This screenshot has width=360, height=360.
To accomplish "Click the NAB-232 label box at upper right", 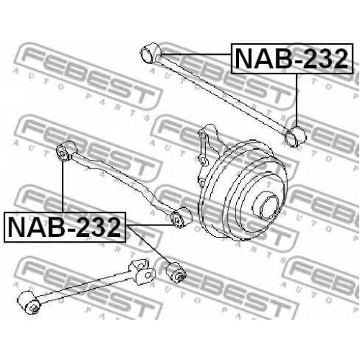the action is [292, 58].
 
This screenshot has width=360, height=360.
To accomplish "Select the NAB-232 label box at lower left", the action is [65, 227].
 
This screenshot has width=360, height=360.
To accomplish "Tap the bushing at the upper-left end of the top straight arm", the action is [150, 53].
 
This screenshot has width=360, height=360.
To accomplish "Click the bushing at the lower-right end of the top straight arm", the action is [294, 137].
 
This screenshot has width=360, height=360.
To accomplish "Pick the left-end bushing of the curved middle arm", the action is [67, 151].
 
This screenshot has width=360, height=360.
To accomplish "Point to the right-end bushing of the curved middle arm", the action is [181, 217].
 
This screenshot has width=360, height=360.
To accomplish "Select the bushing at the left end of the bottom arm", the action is [30, 302].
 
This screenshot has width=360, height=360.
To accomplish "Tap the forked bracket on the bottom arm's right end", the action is [142, 272].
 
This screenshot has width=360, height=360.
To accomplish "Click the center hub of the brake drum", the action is [266, 205].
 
